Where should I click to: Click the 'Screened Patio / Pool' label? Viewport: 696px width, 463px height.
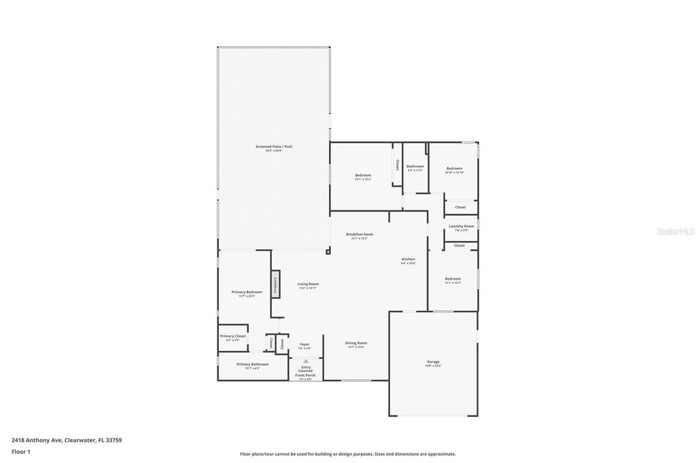(x=274, y=147)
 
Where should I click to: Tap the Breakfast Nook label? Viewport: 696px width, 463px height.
(x=359, y=234)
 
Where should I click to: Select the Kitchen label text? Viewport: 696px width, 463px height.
(x=408, y=259)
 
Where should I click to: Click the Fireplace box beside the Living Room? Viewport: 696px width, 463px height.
(x=275, y=284)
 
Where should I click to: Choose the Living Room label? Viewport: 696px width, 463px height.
(x=308, y=284)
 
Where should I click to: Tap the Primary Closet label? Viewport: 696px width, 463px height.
(x=232, y=336)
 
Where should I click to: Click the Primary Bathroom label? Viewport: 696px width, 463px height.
(x=252, y=365)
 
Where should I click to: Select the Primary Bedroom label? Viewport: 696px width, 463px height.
(x=247, y=292)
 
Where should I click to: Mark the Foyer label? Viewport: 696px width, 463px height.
(x=304, y=344)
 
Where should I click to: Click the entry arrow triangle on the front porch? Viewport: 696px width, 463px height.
(x=305, y=361)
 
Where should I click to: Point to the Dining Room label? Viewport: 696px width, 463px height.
(x=356, y=343)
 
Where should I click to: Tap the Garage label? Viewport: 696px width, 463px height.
(x=433, y=362)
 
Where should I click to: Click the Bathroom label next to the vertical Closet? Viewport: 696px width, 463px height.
(x=415, y=166)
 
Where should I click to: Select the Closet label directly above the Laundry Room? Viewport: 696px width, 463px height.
(x=460, y=207)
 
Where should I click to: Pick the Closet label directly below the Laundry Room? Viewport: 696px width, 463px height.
(x=459, y=245)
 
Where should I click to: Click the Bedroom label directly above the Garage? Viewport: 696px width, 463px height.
(x=453, y=278)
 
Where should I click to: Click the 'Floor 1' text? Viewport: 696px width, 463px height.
(x=21, y=451)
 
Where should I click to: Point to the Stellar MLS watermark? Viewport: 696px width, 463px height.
(x=674, y=231)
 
